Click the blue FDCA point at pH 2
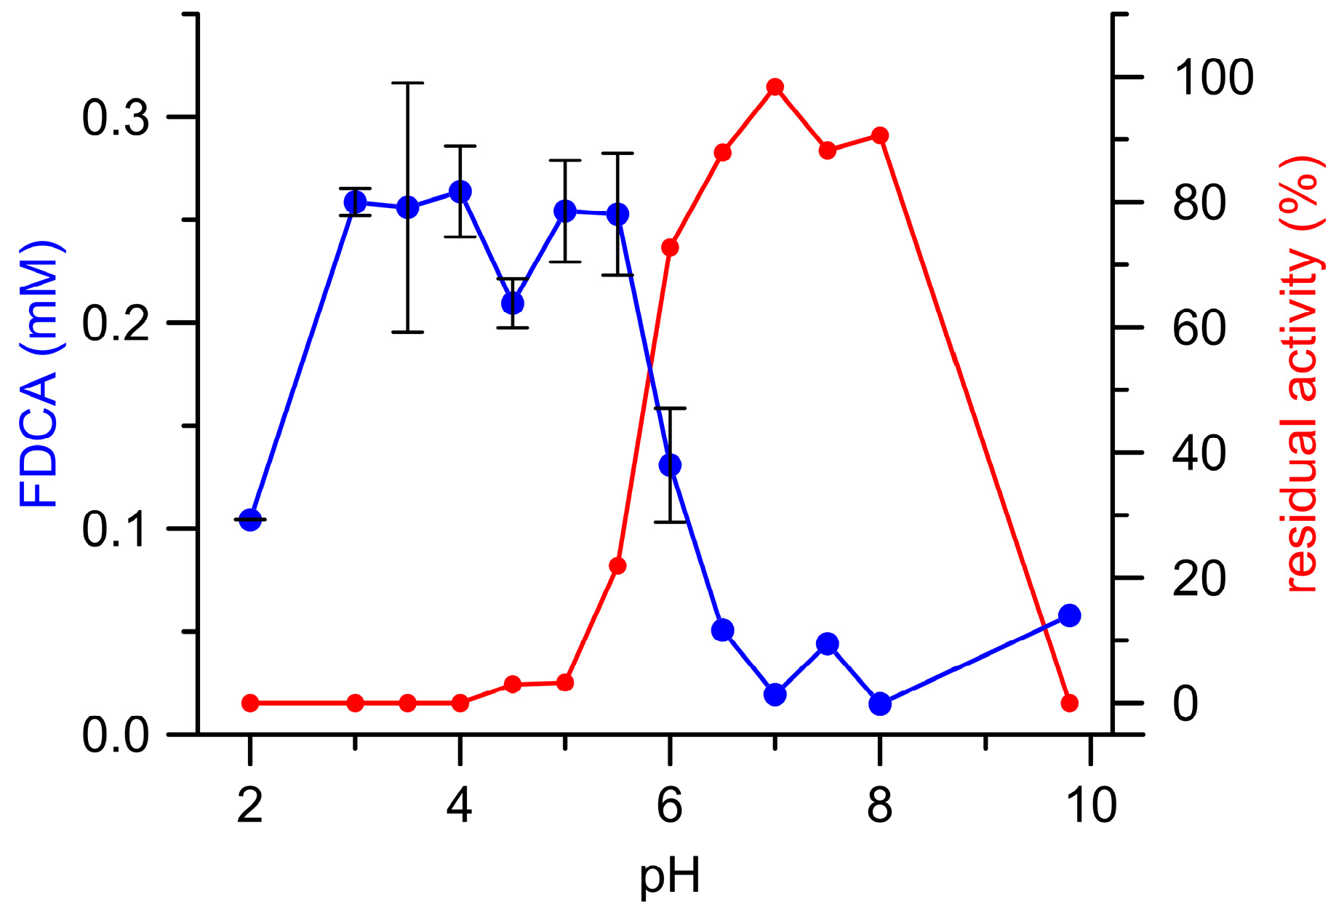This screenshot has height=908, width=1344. [x=250, y=519]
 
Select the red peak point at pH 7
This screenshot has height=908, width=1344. [x=775, y=87]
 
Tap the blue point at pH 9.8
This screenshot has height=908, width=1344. [x=1069, y=616]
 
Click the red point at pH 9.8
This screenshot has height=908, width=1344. [x=1069, y=703]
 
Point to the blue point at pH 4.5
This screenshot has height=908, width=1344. [x=513, y=303]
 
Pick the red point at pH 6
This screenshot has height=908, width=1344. [x=670, y=247]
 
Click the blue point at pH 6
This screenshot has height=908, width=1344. [x=670, y=465]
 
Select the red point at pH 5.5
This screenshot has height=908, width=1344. [x=617, y=566]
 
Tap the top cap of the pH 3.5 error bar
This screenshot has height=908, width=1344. [x=408, y=84]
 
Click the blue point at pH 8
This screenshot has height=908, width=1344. [x=880, y=704]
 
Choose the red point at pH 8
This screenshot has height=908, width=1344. [x=880, y=135]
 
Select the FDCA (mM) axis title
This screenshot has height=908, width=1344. [x=38, y=375]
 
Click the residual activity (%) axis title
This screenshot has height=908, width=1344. [x=1302, y=375]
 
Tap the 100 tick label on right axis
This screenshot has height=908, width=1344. [x=1213, y=78]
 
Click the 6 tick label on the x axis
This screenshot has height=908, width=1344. [x=670, y=805]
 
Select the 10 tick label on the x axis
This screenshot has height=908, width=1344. [x=1090, y=805]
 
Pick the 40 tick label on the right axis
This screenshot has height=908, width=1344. [x=1199, y=453]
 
